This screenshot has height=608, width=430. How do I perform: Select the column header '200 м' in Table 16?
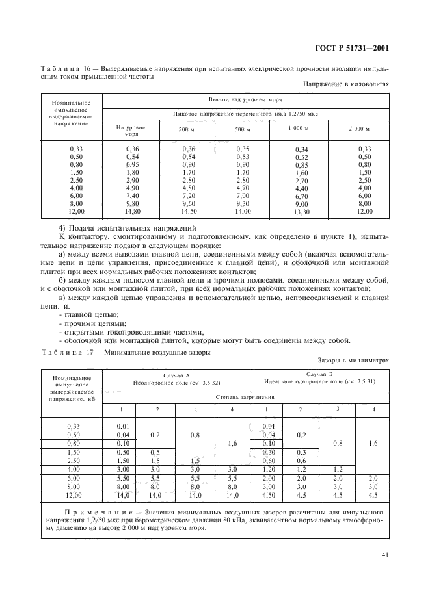coord(187,130)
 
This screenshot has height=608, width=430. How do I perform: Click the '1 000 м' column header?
coord(298,128)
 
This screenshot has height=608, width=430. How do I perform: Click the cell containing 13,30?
coord(301,212)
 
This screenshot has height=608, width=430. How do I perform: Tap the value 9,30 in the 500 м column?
coord(243,204)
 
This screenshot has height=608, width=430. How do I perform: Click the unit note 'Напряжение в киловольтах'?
coord(346,84)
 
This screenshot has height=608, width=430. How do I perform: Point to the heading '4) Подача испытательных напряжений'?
coord(127,229)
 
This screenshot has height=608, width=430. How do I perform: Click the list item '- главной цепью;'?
coord(85,314)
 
